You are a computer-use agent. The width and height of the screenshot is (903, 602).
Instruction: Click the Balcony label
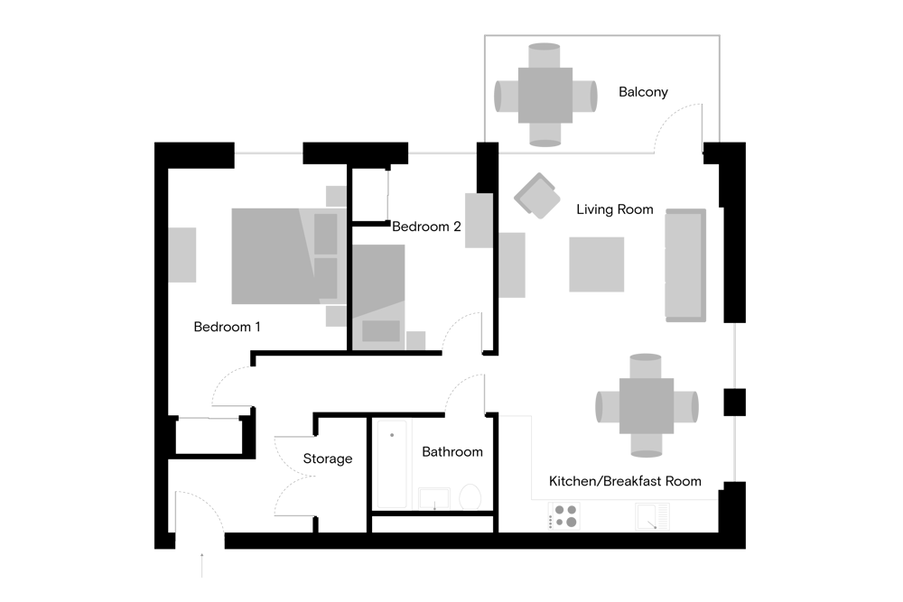[643, 92]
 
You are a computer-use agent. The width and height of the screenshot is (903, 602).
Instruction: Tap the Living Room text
[614, 209]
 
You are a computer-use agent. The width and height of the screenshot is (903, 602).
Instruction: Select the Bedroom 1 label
[227, 327]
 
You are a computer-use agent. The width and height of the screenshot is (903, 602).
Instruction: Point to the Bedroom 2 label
[426, 227]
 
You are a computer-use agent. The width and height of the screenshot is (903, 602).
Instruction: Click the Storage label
[328, 458]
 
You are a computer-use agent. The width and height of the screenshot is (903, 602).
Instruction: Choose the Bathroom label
[452, 452]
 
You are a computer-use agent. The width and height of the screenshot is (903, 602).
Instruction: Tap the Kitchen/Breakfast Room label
[625, 481]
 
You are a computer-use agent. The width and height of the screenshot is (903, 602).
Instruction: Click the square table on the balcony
[545, 96]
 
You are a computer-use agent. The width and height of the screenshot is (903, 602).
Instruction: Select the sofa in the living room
[686, 264]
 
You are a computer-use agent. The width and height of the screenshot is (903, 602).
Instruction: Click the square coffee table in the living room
[597, 264]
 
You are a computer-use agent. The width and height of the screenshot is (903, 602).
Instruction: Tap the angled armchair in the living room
[537, 196]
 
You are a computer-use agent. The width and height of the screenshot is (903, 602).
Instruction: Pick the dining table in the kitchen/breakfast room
[647, 406]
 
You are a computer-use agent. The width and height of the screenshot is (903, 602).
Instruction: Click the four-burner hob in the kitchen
[564, 515]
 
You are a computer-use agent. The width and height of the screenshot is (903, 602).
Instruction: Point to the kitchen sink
[653, 516]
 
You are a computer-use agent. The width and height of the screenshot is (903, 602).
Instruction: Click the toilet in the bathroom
[470, 496]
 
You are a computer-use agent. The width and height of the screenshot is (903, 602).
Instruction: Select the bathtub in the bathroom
[392, 464]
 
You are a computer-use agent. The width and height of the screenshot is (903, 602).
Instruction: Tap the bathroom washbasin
[434, 498]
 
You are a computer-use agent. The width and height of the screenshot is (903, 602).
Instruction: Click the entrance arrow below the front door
[202, 565]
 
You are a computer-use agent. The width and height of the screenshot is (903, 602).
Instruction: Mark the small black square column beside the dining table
[735, 403]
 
